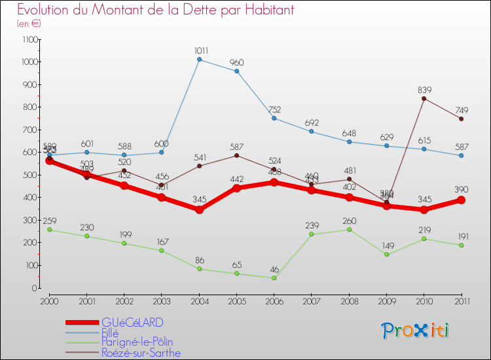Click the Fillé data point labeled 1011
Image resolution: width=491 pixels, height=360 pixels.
point(199,60)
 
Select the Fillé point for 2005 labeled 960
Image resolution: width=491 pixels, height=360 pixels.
point(236,71)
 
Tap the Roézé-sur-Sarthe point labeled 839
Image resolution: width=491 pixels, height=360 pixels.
point(424,98)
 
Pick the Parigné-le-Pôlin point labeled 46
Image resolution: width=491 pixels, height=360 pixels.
point(274,278)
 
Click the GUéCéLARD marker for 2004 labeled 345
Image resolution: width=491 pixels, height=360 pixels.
point(199,210)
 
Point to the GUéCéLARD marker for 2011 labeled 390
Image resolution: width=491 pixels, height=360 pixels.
point(461,200)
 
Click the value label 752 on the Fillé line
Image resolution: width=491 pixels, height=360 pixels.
point(274,110)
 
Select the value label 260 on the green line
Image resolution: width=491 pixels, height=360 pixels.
point(349,221)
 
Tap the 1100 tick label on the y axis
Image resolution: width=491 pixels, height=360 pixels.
point(29,39)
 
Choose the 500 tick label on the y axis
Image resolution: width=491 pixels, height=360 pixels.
point(30,175)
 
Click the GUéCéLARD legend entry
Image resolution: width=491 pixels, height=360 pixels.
point(132,323)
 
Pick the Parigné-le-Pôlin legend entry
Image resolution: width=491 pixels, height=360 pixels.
point(137,342)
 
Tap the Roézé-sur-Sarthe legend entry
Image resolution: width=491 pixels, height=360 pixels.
point(141,353)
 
